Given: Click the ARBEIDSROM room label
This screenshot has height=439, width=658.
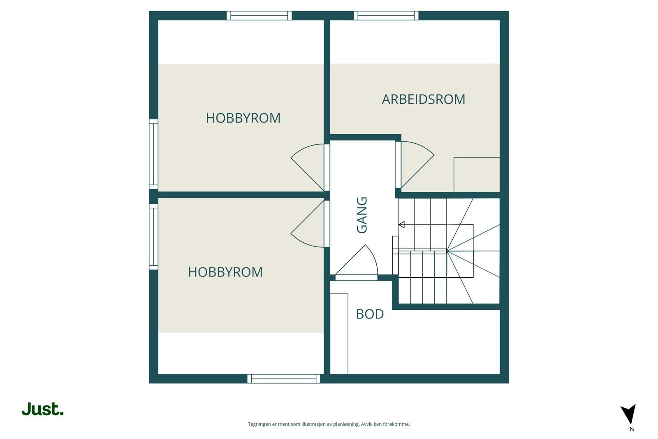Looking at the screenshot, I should click(x=423, y=99).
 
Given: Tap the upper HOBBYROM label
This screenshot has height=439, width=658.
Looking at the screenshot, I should click(x=243, y=118).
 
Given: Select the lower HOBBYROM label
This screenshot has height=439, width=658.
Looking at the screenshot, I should click(x=225, y=272).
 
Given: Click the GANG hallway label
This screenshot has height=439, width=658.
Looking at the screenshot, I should click(x=362, y=215).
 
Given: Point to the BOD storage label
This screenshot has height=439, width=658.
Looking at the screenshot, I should click(x=370, y=314).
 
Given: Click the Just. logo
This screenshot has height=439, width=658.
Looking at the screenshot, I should click(x=42, y=409).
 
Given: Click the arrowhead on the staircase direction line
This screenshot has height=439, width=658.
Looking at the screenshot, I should click(x=401, y=225).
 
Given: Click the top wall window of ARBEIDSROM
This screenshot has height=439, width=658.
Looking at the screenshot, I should click(x=386, y=16).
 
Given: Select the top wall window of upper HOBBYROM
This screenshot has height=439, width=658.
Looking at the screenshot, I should click(x=259, y=16).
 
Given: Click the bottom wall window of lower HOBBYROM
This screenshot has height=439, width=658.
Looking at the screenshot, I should click(x=284, y=379).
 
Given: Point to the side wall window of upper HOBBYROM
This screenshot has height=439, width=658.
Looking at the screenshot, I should click(x=153, y=154).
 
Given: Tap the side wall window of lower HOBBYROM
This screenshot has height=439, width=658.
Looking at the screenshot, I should click(x=153, y=237).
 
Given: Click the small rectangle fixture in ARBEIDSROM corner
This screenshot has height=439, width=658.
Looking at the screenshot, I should click(x=476, y=174).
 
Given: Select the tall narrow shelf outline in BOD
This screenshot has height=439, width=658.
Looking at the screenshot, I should click(x=339, y=334).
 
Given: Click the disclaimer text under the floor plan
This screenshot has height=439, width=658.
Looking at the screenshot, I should click(x=329, y=424).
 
